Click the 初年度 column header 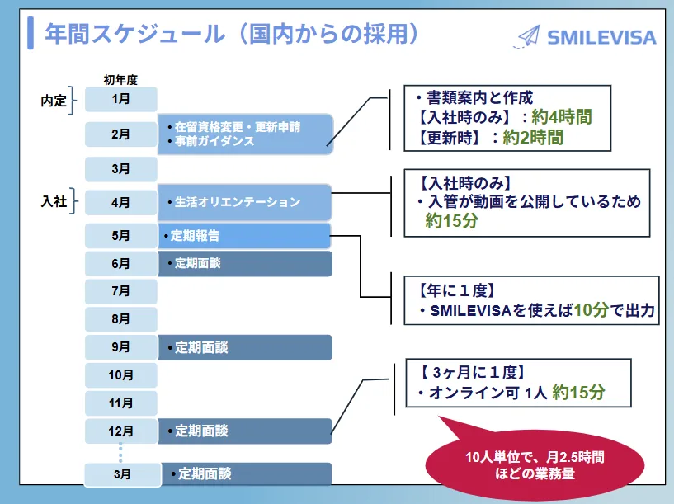120,80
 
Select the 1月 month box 120,99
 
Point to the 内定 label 54,101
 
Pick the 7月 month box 120,291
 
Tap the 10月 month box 120,375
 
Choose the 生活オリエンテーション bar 245,201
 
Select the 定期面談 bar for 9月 245,347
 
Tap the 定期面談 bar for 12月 245,431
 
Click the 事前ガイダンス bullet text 214,141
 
